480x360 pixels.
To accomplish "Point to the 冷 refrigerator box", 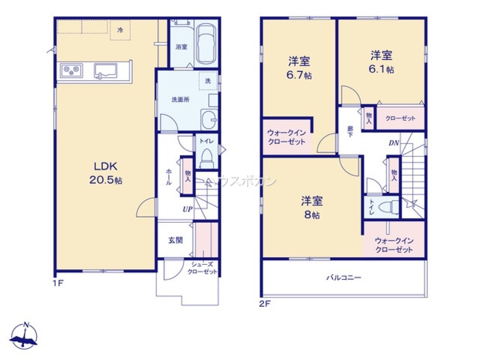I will pyautogui.click(x=120, y=30).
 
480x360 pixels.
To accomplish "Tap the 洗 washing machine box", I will pyautogui.click(x=208, y=81).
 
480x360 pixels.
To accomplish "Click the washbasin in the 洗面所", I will pyautogui.click(x=208, y=118).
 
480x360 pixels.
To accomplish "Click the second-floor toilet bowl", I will pyautogui.click(x=388, y=207).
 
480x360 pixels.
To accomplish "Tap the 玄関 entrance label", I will pyautogui.click(x=175, y=240).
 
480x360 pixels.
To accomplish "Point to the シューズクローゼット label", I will pyautogui.click(x=202, y=268).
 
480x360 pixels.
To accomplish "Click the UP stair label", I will pyautogui.click(x=187, y=209).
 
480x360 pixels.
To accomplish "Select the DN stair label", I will pyautogui.click(x=394, y=143).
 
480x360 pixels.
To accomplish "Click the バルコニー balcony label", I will pyautogui.click(x=344, y=277).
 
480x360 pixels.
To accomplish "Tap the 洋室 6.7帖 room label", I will pyautogui.click(x=299, y=68).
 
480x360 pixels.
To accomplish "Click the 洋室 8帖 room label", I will pyautogui.click(x=312, y=207).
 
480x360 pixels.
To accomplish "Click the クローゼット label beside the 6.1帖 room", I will pyautogui.click(x=400, y=118).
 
